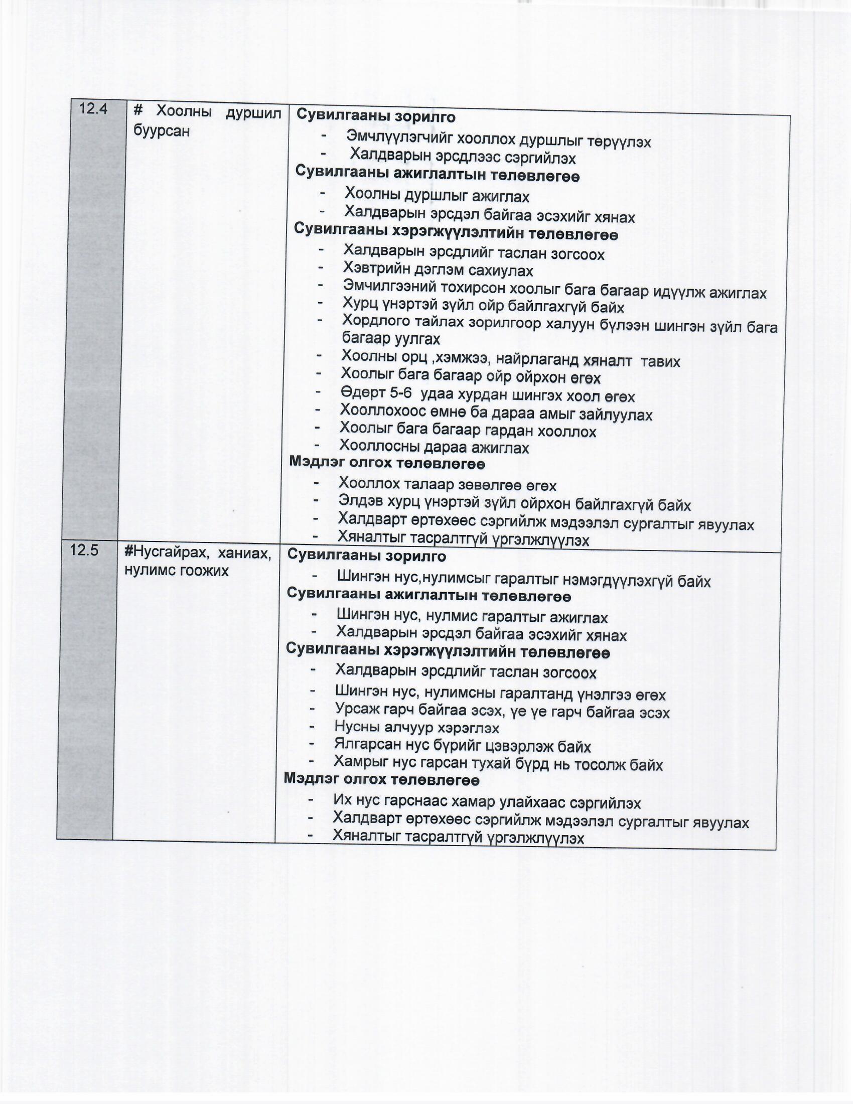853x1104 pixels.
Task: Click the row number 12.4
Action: point(93,109)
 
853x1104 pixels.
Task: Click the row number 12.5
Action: point(85,550)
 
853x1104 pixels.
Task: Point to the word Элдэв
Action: point(359,501)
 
